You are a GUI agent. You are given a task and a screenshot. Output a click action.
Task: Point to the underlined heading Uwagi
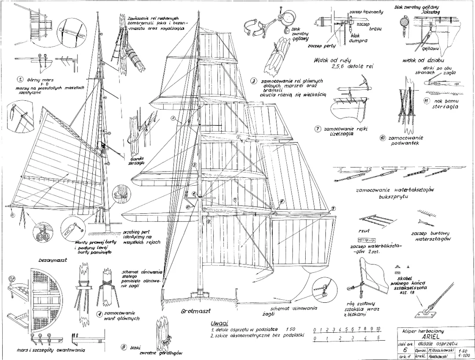coord(219,323)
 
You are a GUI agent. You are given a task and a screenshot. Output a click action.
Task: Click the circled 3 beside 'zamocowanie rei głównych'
coord(254,81)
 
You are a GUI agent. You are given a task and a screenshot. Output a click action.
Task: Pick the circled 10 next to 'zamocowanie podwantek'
coord(383,138)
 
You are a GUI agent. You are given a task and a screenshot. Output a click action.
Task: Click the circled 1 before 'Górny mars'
coord(20,80)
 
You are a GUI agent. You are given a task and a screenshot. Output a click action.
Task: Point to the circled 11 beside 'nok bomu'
coord(426,100)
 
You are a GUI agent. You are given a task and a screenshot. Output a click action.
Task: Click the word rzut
coord(365,230)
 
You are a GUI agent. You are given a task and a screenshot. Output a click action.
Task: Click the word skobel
coord(406,279)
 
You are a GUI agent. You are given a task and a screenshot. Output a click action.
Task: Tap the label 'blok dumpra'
coord(355,38)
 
